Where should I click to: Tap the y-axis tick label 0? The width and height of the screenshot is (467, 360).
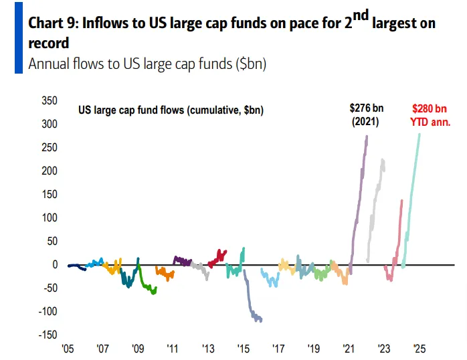click(55, 264)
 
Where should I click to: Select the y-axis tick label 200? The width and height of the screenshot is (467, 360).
click(49, 171)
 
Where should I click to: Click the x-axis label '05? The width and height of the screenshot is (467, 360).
click(68, 349)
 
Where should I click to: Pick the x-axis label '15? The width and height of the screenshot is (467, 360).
click(243, 349)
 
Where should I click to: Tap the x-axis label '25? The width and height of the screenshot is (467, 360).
click(419, 349)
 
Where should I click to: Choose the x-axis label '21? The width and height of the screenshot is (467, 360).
click(349, 349)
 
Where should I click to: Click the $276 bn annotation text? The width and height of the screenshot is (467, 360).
click(366, 107)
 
